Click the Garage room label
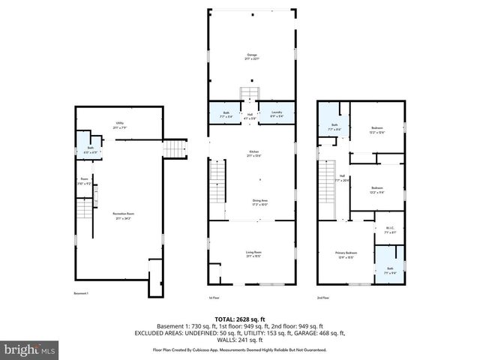tap(252, 57)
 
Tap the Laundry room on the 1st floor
tap(276, 114)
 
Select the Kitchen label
tap(253, 154)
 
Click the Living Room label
tap(253, 255)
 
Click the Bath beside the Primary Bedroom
tap(389, 269)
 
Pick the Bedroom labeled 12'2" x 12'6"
tap(376, 130)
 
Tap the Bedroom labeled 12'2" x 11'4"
tap(376, 190)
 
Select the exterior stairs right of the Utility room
tap(174, 148)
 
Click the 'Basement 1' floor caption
tap(81, 293)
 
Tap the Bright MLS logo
tap(29, 349)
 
